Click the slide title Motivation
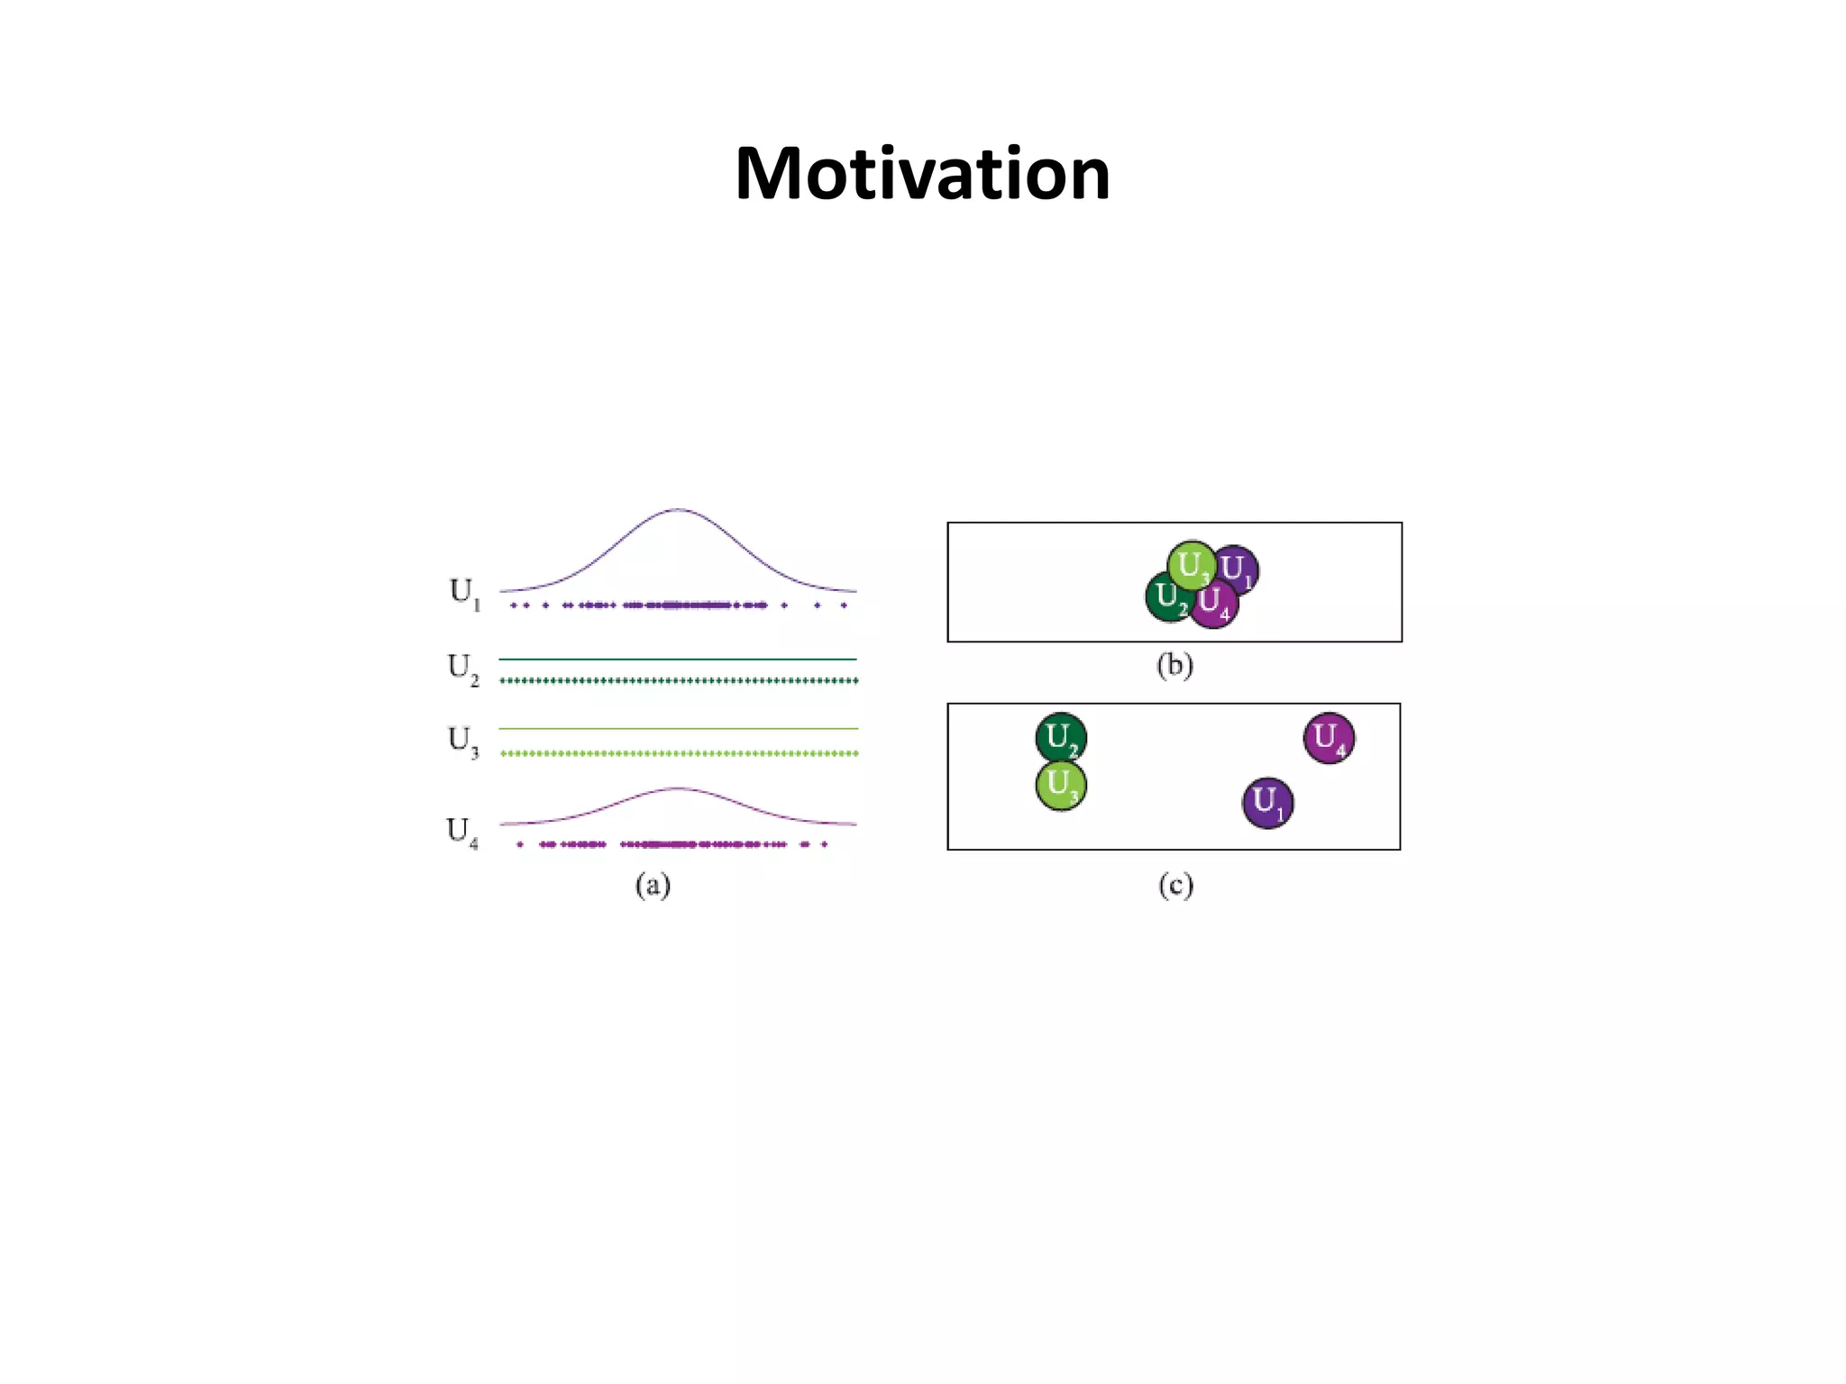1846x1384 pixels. (x=922, y=173)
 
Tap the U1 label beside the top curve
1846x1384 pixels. (x=464, y=594)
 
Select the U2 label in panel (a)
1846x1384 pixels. (x=463, y=669)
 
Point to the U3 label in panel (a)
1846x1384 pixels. (x=463, y=742)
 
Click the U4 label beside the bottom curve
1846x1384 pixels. (x=462, y=832)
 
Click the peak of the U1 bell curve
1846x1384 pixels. (x=678, y=510)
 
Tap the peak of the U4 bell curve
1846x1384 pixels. (x=678, y=789)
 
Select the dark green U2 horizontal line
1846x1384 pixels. (x=678, y=660)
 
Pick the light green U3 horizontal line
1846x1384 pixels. (x=678, y=728)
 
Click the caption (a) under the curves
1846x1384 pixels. (x=653, y=886)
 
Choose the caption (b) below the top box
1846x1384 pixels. (x=1174, y=666)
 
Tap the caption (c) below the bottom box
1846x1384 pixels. (x=1175, y=886)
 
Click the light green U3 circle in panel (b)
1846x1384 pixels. (x=1190, y=564)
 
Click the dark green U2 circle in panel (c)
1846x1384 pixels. (x=1061, y=738)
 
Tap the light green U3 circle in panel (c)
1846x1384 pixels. (x=1061, y=786)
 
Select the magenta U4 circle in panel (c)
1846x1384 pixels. (x=1329, y=738)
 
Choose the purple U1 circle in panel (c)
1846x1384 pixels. (x=1267, y=803)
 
